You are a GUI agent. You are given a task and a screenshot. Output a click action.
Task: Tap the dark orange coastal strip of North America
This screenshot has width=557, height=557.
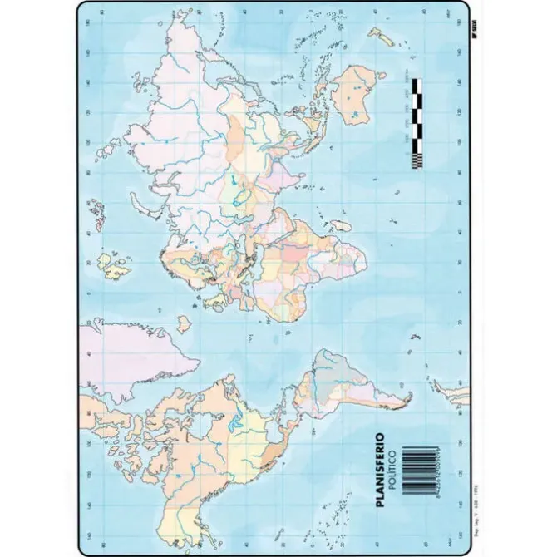point(270,457)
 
